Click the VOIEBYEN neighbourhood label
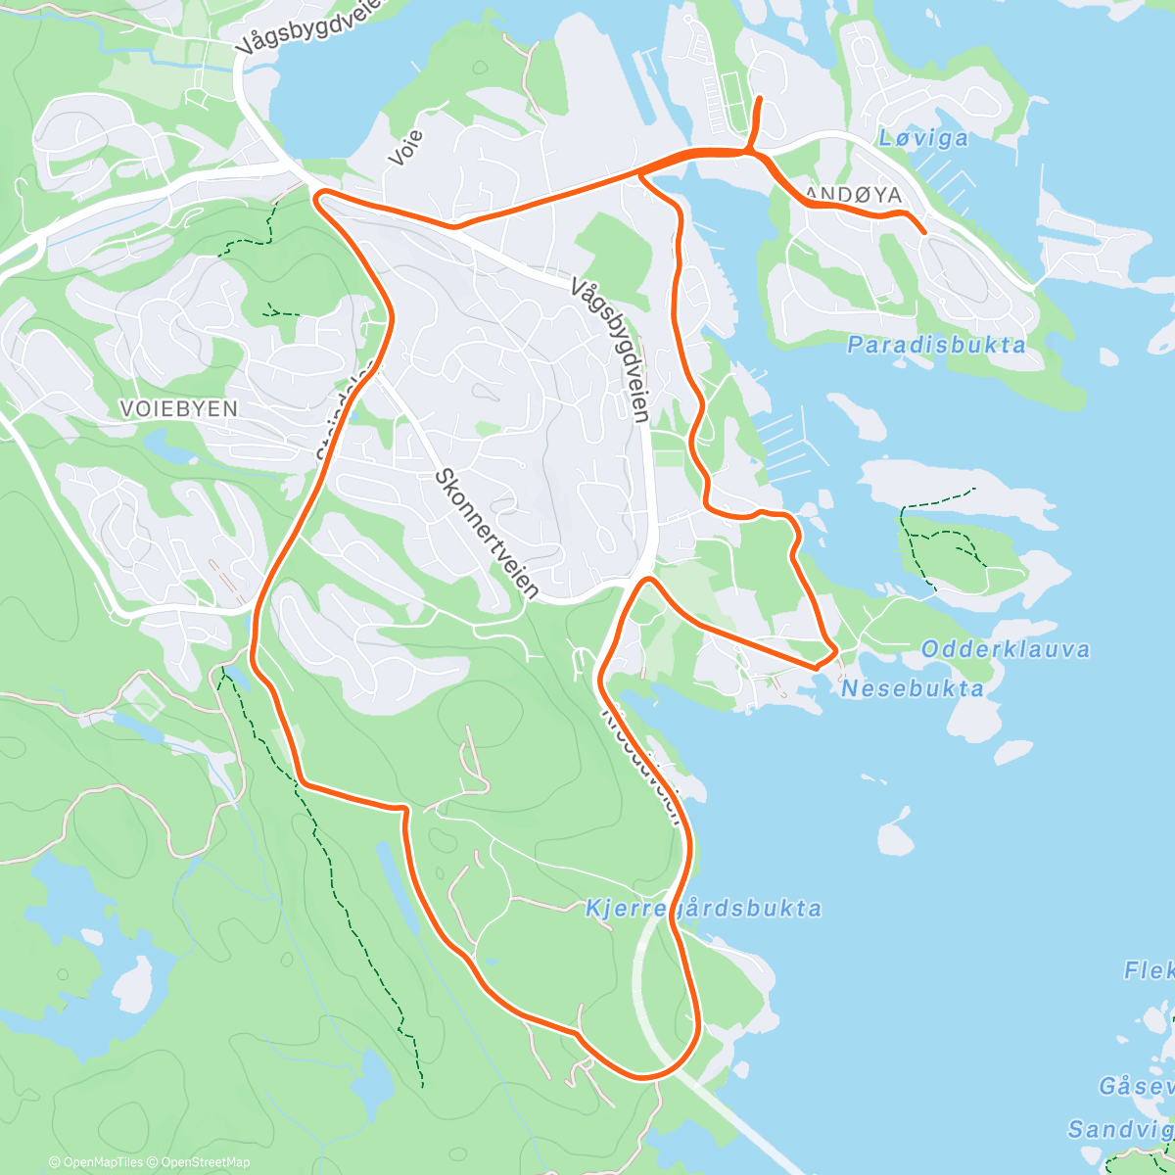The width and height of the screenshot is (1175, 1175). (178, 408)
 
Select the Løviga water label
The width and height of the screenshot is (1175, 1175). (922, 138)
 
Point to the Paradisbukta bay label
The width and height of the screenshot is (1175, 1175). (936, 345)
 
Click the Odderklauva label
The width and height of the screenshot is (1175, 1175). (1005, 649)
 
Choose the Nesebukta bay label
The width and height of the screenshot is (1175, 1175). (913, 688)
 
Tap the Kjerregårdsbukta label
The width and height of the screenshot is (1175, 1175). (703, 909)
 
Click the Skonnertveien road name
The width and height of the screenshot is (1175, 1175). (487, 533)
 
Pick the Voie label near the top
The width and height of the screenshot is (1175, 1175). (405, 147)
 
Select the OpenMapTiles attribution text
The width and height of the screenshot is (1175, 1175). (96, 1162)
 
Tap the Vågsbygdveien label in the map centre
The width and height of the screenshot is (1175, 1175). (609, 349)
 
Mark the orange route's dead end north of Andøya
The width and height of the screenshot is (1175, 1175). (761, 98)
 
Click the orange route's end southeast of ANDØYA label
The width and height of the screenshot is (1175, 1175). (924, 232)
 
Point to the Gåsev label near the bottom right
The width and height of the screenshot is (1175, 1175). (1135, 1086)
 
